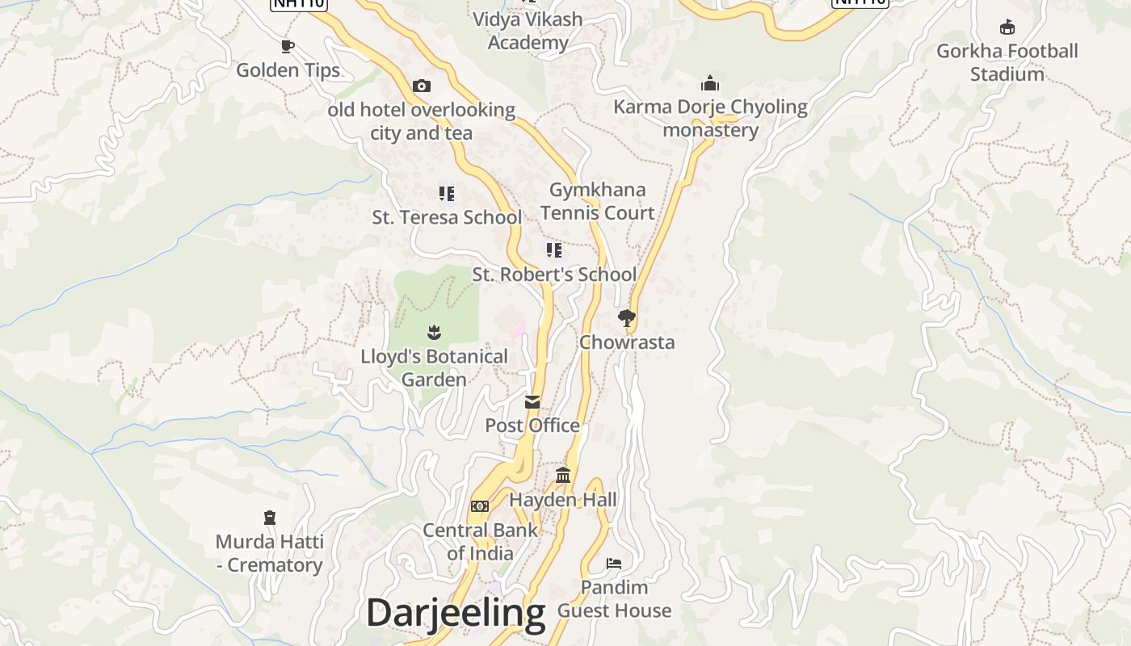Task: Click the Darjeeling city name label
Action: (456, 613)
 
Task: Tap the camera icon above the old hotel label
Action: (421, 86)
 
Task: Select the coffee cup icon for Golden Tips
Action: (287, 46)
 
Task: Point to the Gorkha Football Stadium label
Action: (1007, 62)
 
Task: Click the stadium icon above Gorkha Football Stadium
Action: (1007, 28)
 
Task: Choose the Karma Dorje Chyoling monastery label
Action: (710, 118)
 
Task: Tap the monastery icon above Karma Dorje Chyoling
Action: (710, 83)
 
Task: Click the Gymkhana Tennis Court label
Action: (597, 201)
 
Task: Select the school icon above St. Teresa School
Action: (447, 194)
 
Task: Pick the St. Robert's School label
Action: (554, 275)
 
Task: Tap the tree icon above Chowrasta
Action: (626, 318)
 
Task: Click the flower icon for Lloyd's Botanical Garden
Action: (434, 332)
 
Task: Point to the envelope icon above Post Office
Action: (532, 402)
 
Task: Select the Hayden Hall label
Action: (562, 500)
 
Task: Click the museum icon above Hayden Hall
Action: (563, 476)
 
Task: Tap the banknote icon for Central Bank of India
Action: (480, 506)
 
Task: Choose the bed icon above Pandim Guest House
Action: (614, 563)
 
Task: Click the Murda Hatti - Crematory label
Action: (270, 553)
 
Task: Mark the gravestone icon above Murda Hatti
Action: (270, 518)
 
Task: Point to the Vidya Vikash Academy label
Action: (528, 31)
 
